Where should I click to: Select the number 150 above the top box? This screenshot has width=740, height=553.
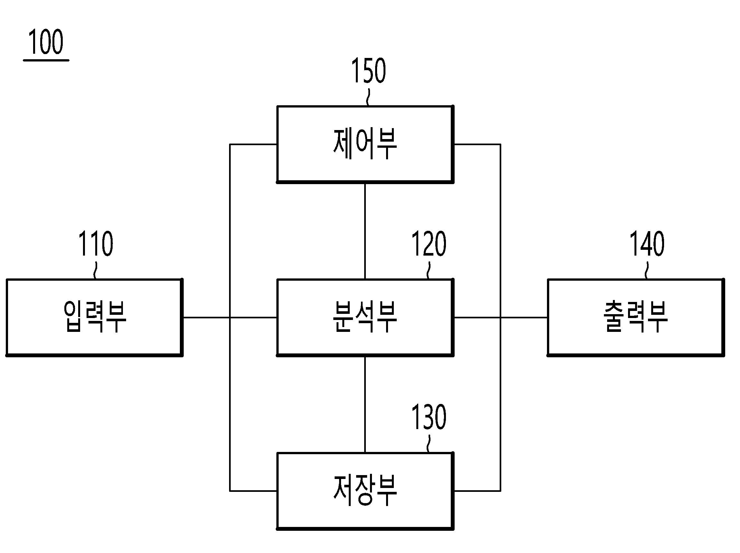tap(368, 70)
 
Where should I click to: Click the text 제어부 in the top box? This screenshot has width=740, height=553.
tap(365, 144)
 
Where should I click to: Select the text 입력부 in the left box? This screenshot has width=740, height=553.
tap(95, 317)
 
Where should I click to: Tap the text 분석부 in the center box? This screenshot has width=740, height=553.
tap(365, 317)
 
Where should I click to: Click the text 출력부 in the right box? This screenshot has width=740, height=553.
tap(635, 317)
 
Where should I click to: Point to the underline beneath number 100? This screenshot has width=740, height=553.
tap(46, 61)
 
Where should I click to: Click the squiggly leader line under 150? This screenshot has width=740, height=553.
tap(368, 98)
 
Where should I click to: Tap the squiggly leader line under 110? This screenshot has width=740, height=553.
tap(96, 270)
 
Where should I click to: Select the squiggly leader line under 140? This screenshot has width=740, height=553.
tap(647, 270)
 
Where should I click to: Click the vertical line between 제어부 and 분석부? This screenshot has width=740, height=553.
tap(365, 231)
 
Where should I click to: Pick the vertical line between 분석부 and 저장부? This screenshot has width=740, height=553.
tap(365, 404)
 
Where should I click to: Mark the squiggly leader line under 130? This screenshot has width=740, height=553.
tap(429, 444)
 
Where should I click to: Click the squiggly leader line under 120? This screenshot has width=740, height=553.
tap(429, 270)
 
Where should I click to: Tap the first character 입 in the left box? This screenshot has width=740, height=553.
tap(73, 317)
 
